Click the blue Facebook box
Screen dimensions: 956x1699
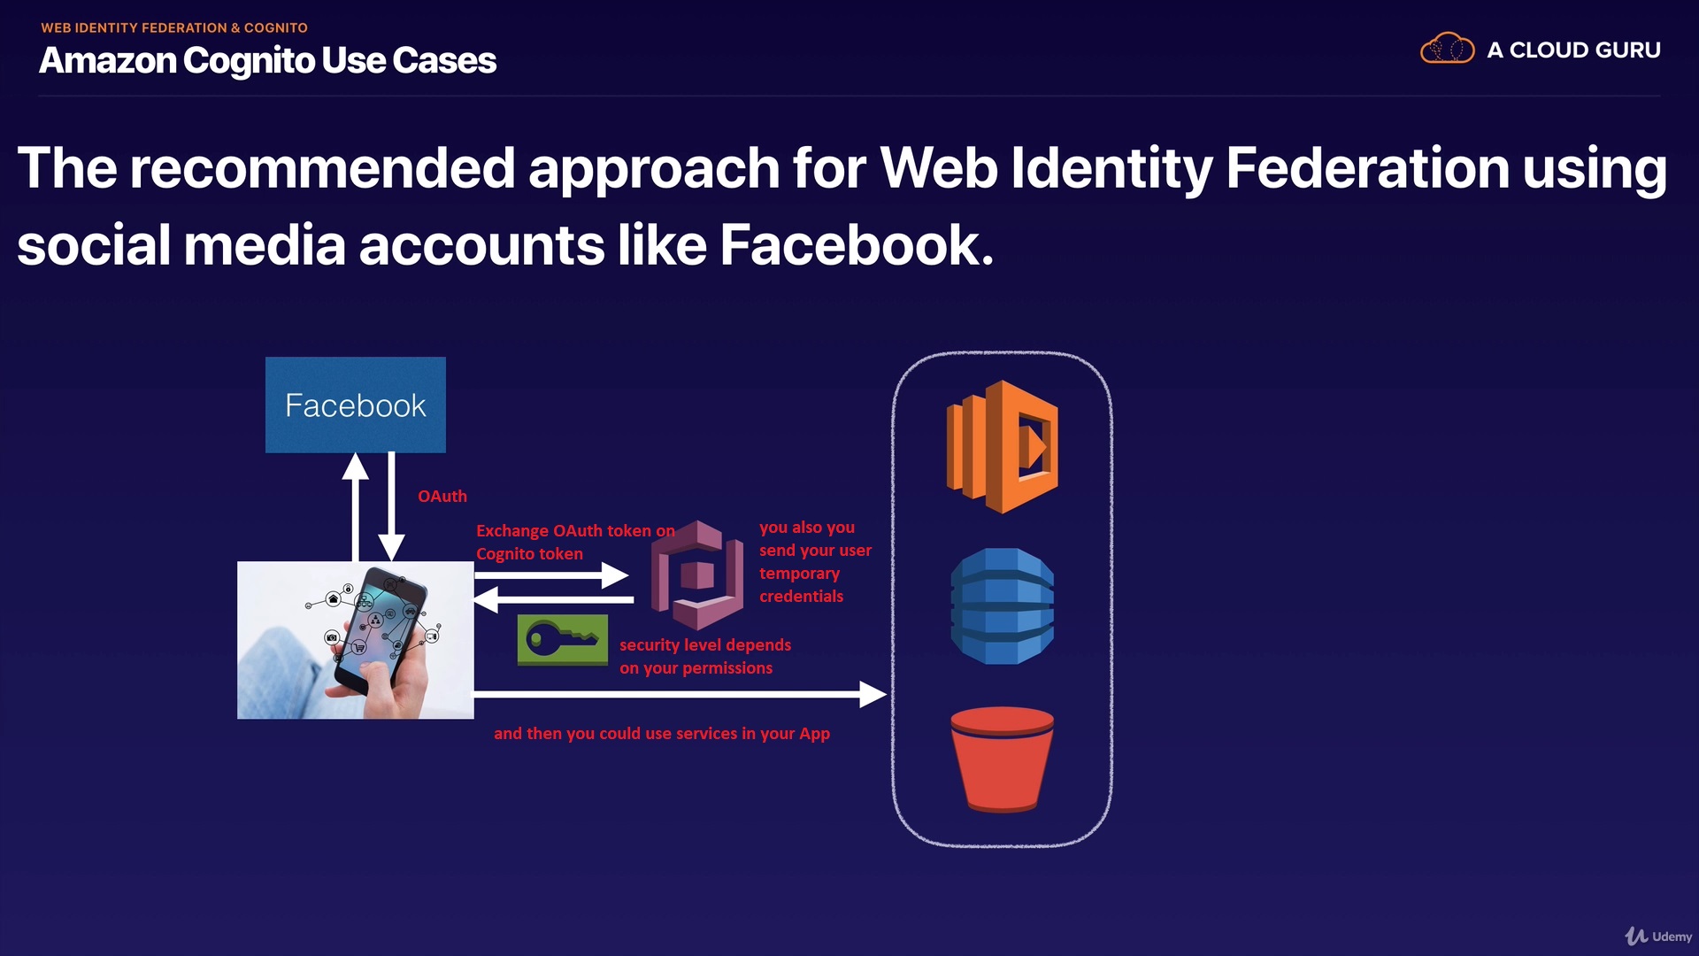pyautogui.click(x=355, y=405)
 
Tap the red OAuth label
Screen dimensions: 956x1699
pyautogui.click(x=442, y=497)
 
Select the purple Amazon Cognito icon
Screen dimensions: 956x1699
pyautogui.click(x=697, y=574)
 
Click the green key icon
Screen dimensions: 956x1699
pyautogui.click(x=562, y=639)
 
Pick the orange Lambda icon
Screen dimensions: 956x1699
pyautogui.click(x=1003, y=447)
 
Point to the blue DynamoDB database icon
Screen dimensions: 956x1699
pyautogui.click(x=1002, y=606)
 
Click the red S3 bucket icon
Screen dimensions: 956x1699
pyautogui.click(x=1002, y=759)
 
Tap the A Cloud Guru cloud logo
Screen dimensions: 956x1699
pyautogui.click(x=1447, y=49)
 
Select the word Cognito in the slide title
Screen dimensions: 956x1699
pyautogui.click(x=249, y=61)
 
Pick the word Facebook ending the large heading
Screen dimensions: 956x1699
pyautogui.click(x=856, y=245)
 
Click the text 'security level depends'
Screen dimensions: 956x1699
pyautogui.click(x=705, y=645)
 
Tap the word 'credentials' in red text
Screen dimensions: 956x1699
pyautogui.click(x=801, y=597)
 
